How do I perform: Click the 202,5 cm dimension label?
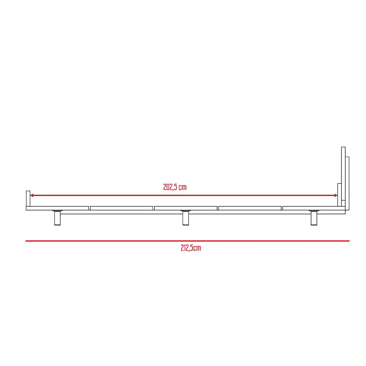point(175,187)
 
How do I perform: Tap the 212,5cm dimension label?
point(191,248)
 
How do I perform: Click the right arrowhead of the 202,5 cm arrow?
point(336,195)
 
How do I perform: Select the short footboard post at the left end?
point(28,199)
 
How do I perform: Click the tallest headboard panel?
point(343,173)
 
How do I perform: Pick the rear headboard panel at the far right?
point(347,183)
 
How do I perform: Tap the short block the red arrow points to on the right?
point(339,195)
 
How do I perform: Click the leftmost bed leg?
point(57,218)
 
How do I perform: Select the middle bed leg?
point(186,218)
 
